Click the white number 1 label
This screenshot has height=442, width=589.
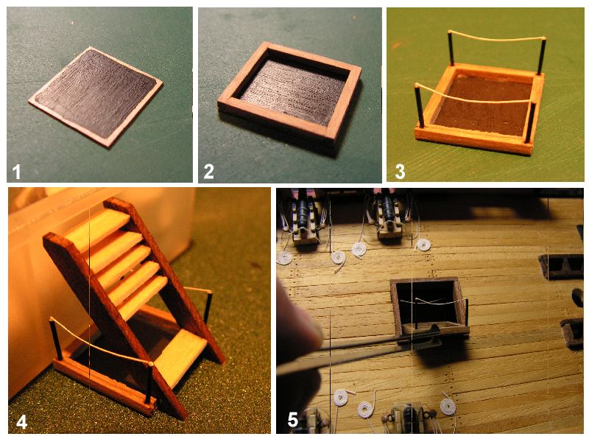point(16,172)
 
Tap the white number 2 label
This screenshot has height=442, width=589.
point(208,172)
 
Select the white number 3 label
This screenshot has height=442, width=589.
point(400,172)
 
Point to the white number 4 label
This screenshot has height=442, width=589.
point(22,422)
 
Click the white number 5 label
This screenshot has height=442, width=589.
point(293,420)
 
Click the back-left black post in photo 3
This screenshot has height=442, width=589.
point(451,48)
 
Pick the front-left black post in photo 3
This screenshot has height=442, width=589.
point(420,107)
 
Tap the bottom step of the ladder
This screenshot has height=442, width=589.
point(181,355)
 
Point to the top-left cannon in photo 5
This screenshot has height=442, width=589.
point(303,218)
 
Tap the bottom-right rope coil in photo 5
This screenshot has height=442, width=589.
point(448,407)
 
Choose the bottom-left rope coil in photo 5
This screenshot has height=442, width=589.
point(341,398)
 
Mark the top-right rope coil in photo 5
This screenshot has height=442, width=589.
point(423,245)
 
